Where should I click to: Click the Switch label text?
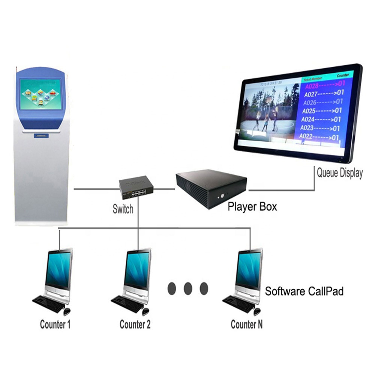123,208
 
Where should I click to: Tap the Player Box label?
252,206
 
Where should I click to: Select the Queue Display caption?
340,173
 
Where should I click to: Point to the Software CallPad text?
304,291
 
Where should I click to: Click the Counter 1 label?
55,324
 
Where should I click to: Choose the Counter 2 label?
135,324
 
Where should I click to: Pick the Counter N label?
246,324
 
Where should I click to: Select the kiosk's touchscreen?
40,94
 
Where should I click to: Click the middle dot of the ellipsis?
188,288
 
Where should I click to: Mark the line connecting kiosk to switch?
96,189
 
